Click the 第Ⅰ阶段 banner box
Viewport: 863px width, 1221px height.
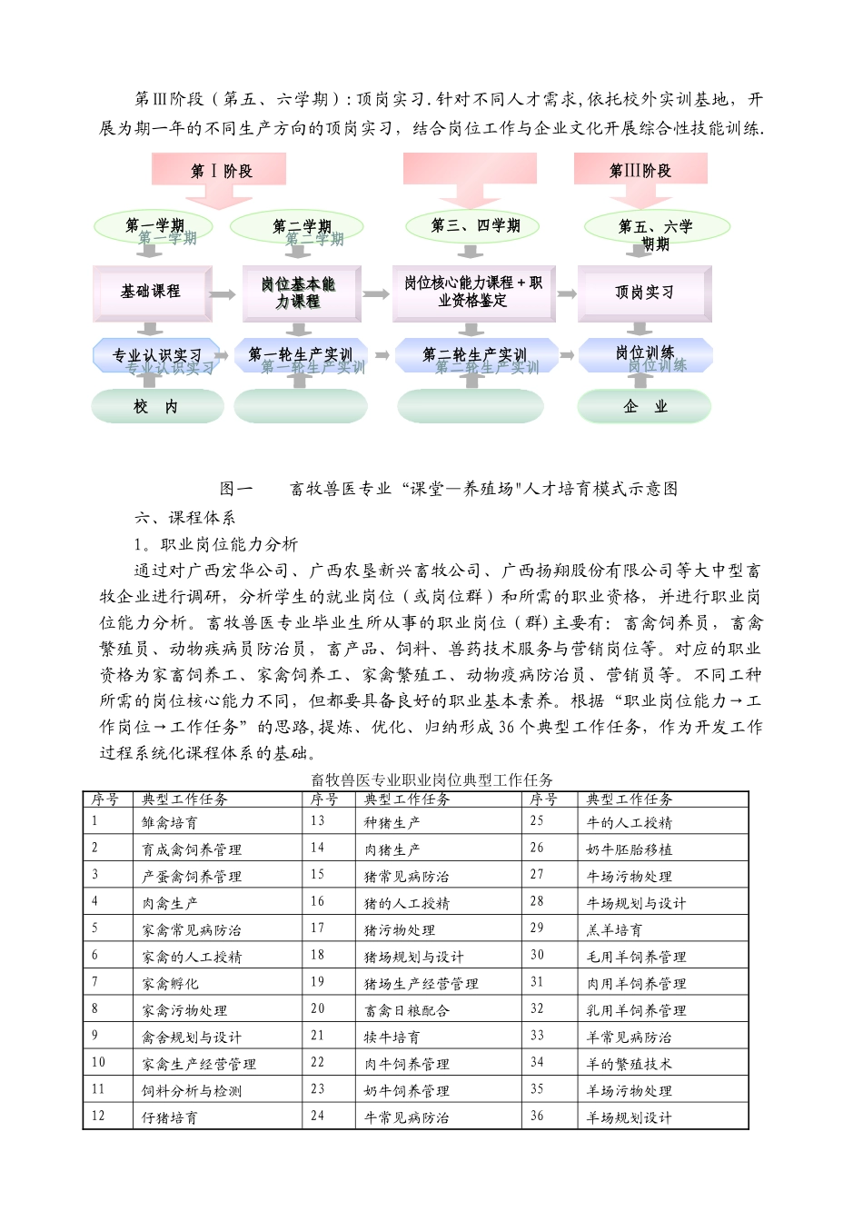point(220,170)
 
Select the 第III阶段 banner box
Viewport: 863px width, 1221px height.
point(640,170)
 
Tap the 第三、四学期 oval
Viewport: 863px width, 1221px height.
point(474,226)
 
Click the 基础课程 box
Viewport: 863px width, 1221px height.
point(151,292)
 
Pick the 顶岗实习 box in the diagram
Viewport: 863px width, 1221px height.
point(644,293)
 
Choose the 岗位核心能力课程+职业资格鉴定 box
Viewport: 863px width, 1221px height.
point(473,292)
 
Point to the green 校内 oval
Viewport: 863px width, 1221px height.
point(156,407)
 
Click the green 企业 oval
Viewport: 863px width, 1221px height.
point(644,407)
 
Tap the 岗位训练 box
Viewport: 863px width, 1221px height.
point(645,353)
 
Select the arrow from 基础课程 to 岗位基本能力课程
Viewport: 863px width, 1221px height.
point(222,294)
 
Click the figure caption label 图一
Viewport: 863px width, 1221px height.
point(236,489)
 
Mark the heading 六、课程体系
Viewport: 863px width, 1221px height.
point(185,518)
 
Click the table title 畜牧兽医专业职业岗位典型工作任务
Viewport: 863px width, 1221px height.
point(431,779)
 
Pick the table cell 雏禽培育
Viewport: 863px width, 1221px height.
point(170,823)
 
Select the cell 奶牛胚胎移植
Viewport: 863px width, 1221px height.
point(630,849)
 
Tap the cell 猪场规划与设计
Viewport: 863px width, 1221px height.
point(413,957)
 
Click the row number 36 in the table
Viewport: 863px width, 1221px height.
point(537,1117)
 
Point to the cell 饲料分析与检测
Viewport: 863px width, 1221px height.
point(192,1091)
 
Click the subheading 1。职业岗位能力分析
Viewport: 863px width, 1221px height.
point(216,544)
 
